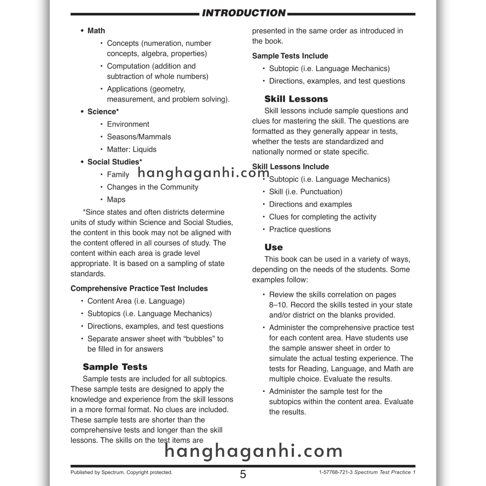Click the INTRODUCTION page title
tap(243, 13)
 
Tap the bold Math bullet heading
tap(96, 31)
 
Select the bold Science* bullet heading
tap(103, 112)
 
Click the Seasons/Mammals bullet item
tap(139, 137)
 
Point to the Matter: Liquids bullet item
tap(131, 150)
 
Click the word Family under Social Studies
tap(118, 175)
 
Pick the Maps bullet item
tap(116, 200)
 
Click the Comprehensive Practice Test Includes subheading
tap(139, 289)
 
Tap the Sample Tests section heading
tap(115, 367)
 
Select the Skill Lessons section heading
tap(296, 99)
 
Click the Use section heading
tap(273, 247)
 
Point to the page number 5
tap(243, 474)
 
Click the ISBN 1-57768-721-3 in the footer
tap(336, 472)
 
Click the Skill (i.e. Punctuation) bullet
tap(306, 192)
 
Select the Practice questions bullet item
tap(300, 229)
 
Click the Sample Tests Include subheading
tap(290, 56)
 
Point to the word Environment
tap(128, 124)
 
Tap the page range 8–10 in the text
tap(278, 305)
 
